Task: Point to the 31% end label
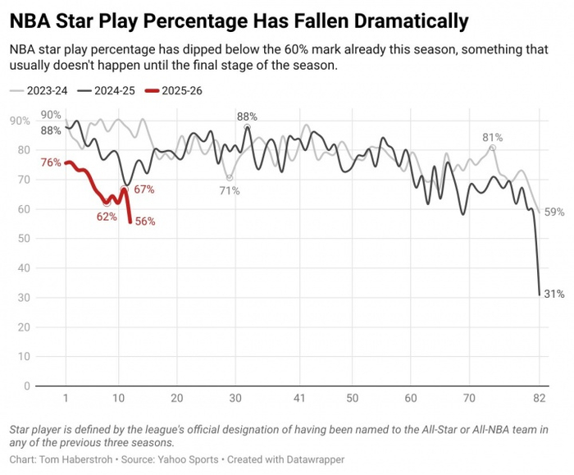553,294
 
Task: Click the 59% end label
554,212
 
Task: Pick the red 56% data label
144,222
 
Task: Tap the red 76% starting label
50,162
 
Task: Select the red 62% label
106,217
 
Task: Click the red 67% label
144,190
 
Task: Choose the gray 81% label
492,137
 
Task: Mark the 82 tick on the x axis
539,398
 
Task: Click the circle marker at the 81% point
492,148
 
